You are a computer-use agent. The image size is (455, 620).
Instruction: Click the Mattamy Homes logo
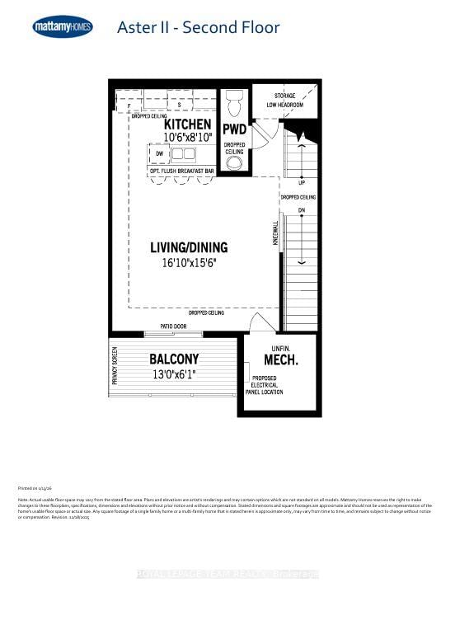pyautogui.click(x=63, y=27)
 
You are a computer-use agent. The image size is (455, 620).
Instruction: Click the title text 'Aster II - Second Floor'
pyautogui.click(x=198, y=27)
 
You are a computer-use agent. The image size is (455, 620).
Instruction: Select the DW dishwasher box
pyautogui.click(x=159, y=153)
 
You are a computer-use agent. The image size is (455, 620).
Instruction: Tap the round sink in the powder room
pyautogui.click(x=235, y=162)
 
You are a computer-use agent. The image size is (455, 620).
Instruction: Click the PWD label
pyautogui.click(x=235, y=129)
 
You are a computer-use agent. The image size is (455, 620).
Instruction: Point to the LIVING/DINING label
pyautogui.click(x=189, y=247)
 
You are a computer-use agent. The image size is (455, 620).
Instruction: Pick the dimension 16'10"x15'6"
pyautogui.click(x=189, y=264)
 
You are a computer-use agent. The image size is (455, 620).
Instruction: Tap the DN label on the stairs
pyautogui.click(x=303, y=210)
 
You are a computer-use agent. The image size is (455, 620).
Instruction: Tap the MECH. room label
pyautogui.click(x=281, y=360)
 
